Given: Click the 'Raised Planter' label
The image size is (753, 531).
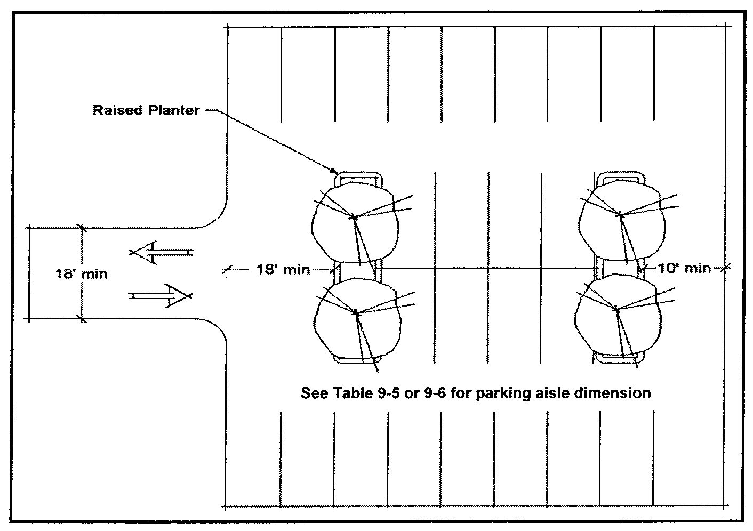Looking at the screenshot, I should [x=146, y=110].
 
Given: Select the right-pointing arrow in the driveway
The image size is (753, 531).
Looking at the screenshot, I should [x=160, y=295].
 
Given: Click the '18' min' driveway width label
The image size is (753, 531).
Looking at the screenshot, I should [x=81, y=274].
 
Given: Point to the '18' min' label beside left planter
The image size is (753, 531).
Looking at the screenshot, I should [x=283, y=269].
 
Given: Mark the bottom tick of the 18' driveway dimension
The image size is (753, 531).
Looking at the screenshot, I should [x=82, y=319].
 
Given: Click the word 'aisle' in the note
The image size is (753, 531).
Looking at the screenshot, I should [x=563, y=393].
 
